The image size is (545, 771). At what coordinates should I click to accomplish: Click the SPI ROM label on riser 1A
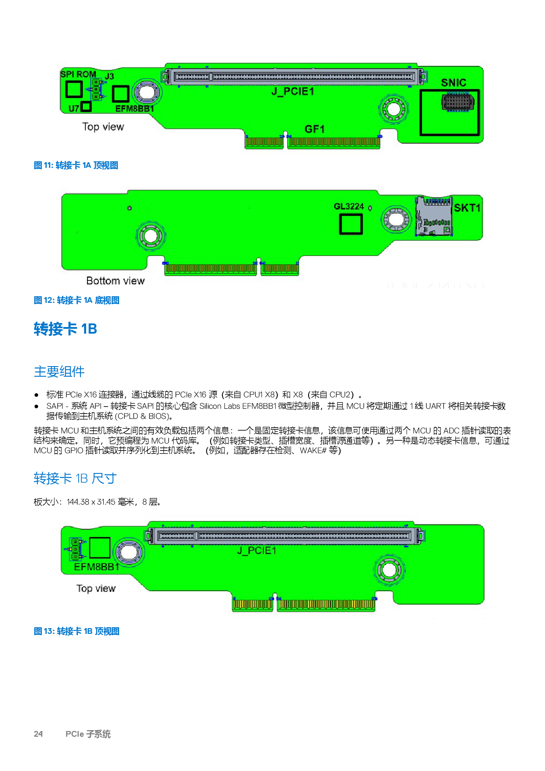pos(78,74)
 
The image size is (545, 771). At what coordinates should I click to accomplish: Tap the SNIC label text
pos(454,83)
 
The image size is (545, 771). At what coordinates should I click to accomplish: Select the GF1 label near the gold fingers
pos(314,129)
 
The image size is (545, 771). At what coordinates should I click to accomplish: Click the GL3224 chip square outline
pos(351,224)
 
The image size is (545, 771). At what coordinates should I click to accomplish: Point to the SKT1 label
pos(467,207)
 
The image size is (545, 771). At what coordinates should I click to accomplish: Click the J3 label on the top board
pos(109,76)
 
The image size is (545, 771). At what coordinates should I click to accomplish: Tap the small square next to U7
pos(86,106)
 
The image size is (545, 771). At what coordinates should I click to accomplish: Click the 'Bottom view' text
pos(115,281)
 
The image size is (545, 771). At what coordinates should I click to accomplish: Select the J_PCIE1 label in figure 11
pos(293,91)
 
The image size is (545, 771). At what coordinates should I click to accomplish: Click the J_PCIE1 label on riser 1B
pos(257,550)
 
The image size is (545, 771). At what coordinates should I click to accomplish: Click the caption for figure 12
pos(77,300)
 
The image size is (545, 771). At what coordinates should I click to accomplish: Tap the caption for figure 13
pos(77,631)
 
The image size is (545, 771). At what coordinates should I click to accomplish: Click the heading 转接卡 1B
pos(65,329)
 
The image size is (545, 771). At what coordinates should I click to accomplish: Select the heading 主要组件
pos(59,371)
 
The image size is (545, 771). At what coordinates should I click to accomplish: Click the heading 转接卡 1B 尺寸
pos(75,478)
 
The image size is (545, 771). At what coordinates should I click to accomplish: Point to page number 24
pos(38,734)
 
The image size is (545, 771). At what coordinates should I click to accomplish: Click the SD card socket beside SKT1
pos(434,217)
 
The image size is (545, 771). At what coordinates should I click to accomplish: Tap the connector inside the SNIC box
pos(458,102)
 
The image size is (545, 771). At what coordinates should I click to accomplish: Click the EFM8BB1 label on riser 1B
pos(97,567)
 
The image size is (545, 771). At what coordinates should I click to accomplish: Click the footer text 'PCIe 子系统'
pos(88,734)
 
